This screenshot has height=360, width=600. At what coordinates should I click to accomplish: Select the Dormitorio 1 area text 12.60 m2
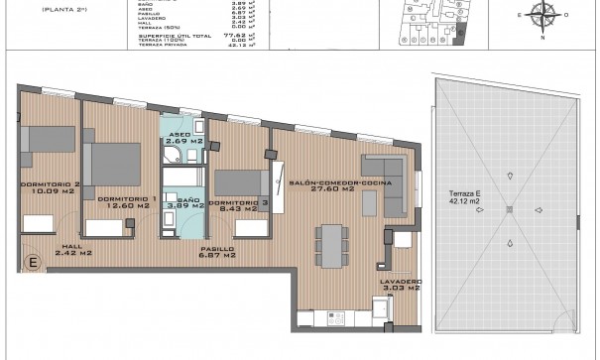124,207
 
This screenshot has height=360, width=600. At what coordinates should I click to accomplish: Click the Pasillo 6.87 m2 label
216,252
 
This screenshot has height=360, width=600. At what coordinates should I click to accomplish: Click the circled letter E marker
32,262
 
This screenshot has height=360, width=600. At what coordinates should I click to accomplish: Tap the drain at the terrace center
507,209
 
